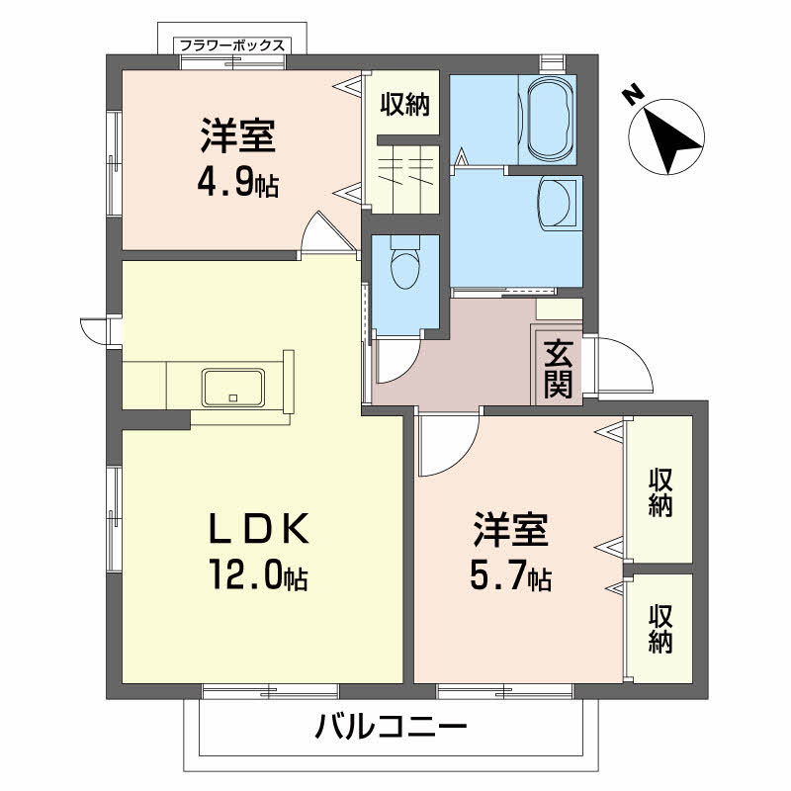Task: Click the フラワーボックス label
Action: pyautogui.click(x=232, y=45)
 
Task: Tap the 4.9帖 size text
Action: pyautogui.click(x=237, y=185)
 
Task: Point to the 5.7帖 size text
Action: pyautogui.click(x=510, y=577)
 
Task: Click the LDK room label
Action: pyautogui.click(x=259, y=529)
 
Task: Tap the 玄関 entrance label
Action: pyautogui.click(x=558, y=369)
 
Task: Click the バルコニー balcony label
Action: pyautogui.click(x=391, y=728)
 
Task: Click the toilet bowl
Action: pyautogui.click(x=405, y=264)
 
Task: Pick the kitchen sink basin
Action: pyautogui.click(x=232, y=388)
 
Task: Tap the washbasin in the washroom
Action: pyautogui.click(x=557, y=203)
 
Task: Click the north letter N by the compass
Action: pyautogui.click(x=633, y=95)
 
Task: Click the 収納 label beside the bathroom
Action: pyautogui.click(x=405, y=105)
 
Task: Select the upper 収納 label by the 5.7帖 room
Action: pyautogui.click(x=660, y=492)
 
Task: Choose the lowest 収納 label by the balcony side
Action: pyautogui.click(x=660, y=629)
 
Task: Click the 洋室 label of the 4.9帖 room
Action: pyautogui.click(x=238, y=135)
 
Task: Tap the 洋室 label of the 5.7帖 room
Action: pyautogui.click(x=510, y=530)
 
